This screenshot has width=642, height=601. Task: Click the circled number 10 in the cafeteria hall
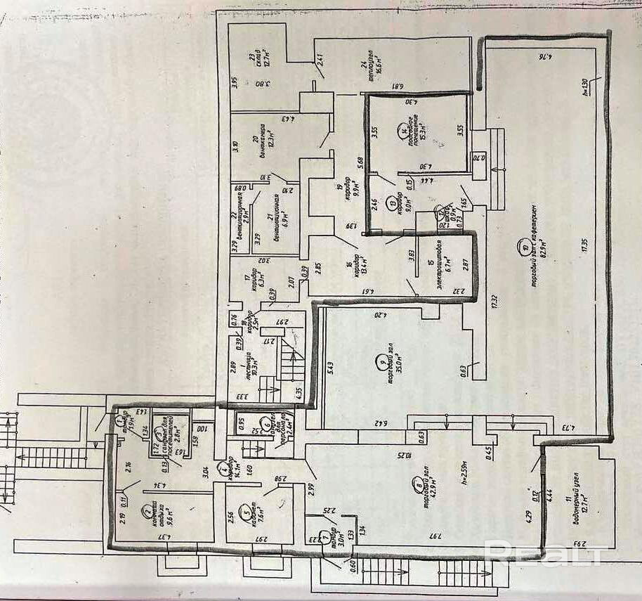(x=525, y=247)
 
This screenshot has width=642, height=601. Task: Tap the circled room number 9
(x=381, y=363)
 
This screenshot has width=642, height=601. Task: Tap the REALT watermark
(x=544, y=554)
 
